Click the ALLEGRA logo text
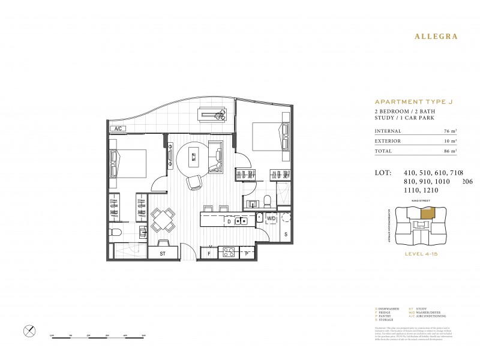click(436, 36)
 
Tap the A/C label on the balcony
click(115, 128)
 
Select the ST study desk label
click(162, 254)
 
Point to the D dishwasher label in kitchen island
click(229, 221)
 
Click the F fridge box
click(209, 253)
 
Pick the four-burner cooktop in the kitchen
click(229, 252)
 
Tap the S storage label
click(286, 234)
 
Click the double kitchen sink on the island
click(242, 221)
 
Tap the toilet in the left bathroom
click(115, 232)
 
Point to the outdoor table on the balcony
click(212, 113)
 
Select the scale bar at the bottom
click(99, 338)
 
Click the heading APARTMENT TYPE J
click(413, 102)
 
